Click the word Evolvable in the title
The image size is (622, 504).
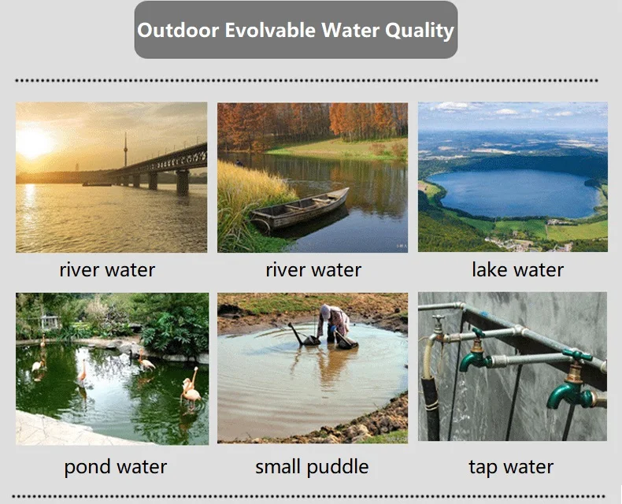tap(269, 30)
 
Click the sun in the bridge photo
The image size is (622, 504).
tap(33, 142)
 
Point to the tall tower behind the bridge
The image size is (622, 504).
tap(125, 150)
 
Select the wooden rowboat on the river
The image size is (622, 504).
tap(299, 209)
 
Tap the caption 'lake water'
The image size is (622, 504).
tap(517, 270)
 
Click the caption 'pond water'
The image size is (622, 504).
tap(116, 467)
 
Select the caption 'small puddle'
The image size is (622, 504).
tap(312, 467)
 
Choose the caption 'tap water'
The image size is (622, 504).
tap(511, 467)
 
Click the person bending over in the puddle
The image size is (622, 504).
tap(335, 323)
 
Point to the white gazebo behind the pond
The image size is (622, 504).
tap(50, 322)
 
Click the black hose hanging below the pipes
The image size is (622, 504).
tap(431, 407)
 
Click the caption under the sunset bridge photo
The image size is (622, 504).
tap(107, 270)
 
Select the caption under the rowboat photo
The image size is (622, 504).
tap(313, 270)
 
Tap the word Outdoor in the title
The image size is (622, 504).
tap(178, 30)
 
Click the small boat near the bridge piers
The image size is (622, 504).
tap(97, 183)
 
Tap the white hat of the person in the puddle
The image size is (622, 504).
tap(325, 310)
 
